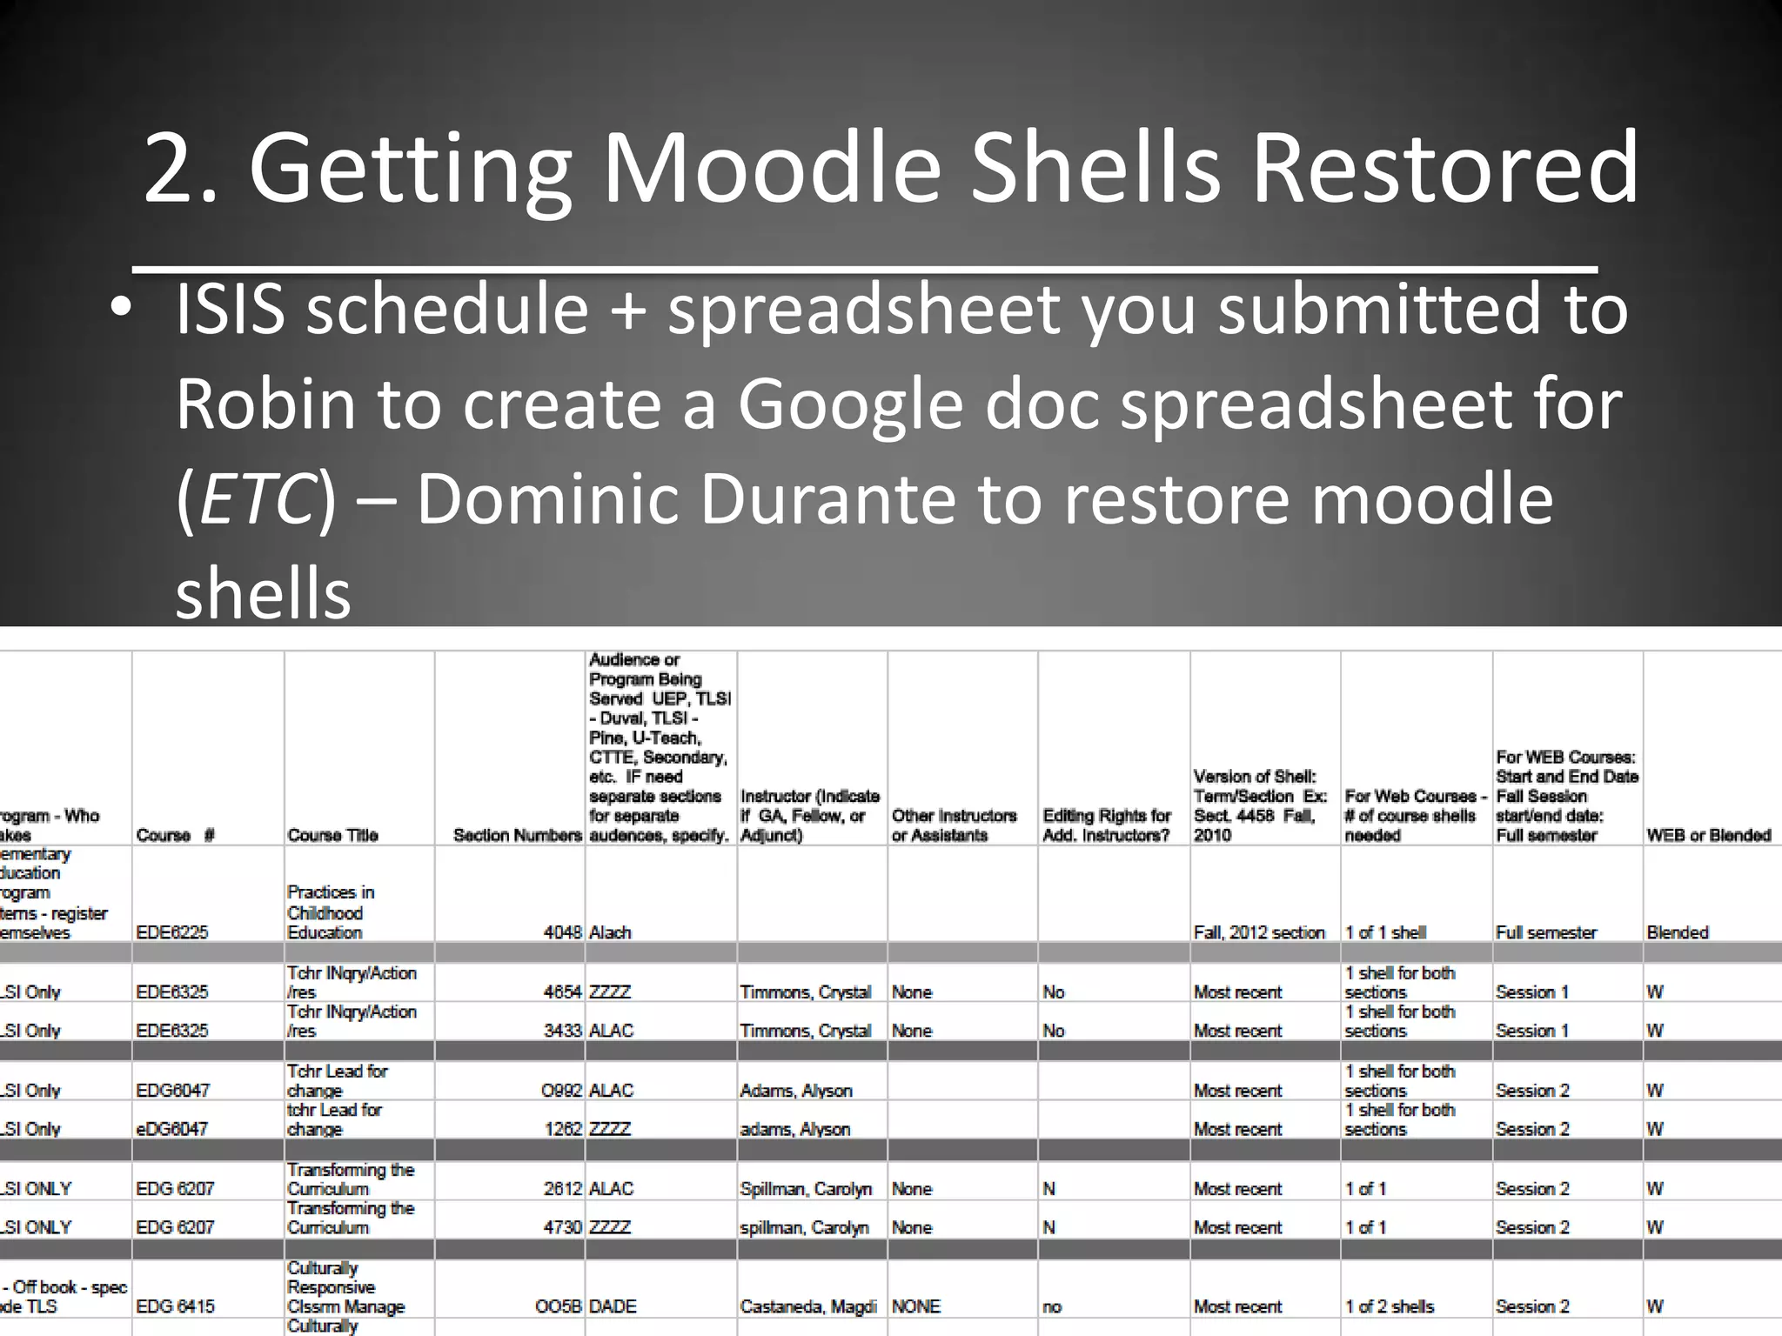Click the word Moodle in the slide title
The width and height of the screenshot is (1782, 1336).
pos(771,167)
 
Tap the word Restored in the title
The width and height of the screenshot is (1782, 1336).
pos(1444,167)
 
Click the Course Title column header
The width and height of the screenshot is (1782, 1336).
pos(332,835)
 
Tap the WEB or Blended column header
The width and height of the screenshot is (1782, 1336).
pos(1708,835)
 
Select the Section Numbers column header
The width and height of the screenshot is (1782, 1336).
pos(517,835)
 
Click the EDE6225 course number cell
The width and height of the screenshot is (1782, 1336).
pos(172,932)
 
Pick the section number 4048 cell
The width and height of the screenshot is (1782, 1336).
pos(562,932)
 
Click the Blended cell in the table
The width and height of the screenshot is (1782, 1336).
pos(1677,932)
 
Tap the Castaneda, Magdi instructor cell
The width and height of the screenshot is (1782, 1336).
pos(807,1306)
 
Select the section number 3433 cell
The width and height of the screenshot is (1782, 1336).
pos(562,1031)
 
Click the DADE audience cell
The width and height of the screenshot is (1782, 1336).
pos(613,1306)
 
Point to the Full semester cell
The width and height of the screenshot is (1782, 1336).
pos(1545,932)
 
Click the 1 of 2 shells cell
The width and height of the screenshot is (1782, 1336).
pos(1389,1306)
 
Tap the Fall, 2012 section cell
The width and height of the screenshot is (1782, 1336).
pos(1258,932)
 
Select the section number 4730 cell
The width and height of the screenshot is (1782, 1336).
pos(562,1227)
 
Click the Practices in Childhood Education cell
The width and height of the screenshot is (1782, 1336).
pos(331,912)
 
